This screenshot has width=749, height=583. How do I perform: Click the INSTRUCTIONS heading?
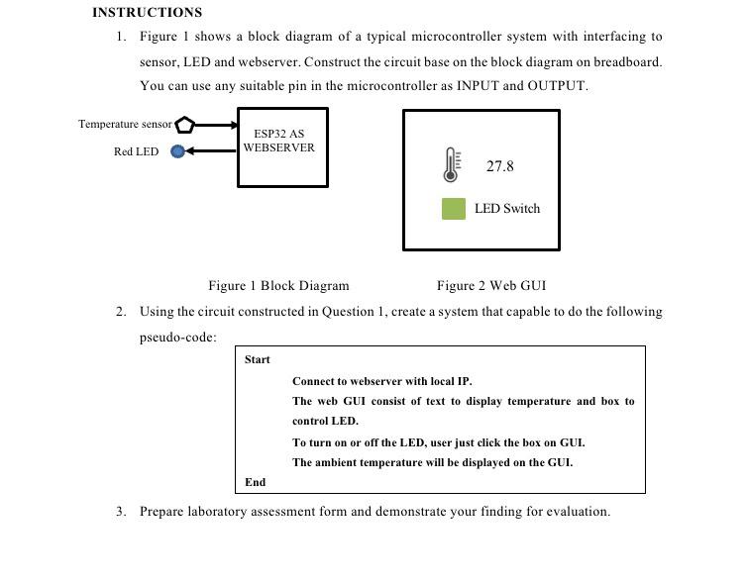(x=147, y=13)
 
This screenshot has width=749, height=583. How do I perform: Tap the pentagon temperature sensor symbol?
(x=185, y=125)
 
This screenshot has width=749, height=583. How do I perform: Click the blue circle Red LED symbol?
(x=177, y=151)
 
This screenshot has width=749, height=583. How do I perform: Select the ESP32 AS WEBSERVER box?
(x=282, y=147)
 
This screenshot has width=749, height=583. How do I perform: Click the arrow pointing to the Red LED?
(x=211, y=151)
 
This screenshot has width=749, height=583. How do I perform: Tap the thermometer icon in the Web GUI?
(x=451, y=165)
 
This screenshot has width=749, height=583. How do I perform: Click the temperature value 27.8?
(x=499, y=166)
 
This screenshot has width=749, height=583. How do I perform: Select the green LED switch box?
(x=453, y=209)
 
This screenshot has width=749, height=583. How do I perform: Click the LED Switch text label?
(x=507, y=209)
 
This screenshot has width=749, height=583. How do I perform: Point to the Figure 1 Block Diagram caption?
(x=278, y=286)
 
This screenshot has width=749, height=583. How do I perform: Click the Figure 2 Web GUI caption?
(x=490, y=286)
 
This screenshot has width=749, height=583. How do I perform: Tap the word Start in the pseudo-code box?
(x=258, y=359)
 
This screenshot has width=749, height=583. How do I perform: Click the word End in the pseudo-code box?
(x=255, y=482)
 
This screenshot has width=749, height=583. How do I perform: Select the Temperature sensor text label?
(x=125, y=125)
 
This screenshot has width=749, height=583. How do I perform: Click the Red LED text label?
(x=136, y=151)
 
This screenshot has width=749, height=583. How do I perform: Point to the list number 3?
(x=120, y=512)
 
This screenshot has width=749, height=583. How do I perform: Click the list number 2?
(x=120, y=312)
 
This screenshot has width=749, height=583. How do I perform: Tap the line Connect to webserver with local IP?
(x=381, y=381)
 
